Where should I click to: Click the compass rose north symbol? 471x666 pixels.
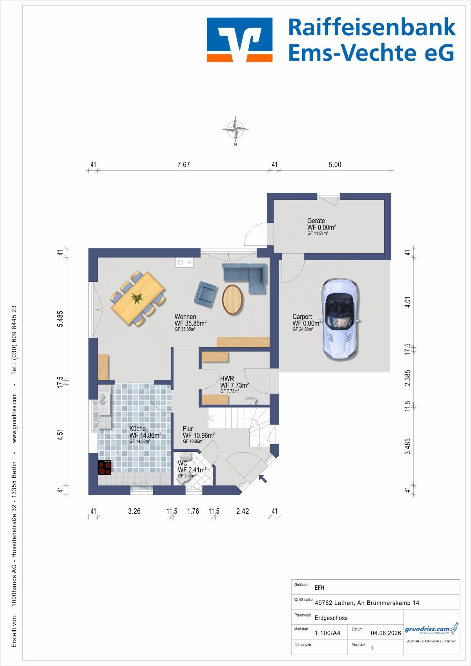235,130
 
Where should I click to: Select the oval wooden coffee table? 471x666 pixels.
232,299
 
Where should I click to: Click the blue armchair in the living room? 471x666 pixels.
205,294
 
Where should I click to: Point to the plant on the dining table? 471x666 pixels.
137,297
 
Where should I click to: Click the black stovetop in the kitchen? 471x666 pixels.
105,468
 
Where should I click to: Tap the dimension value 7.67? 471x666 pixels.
183,165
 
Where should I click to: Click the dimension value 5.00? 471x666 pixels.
335,165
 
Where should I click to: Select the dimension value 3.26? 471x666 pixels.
134,511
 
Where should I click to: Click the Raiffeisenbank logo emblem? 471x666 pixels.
240,40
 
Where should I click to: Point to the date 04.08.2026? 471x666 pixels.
386,633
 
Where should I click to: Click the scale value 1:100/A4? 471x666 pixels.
327,633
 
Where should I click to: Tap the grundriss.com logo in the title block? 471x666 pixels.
431,629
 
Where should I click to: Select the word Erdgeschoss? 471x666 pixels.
331,618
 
